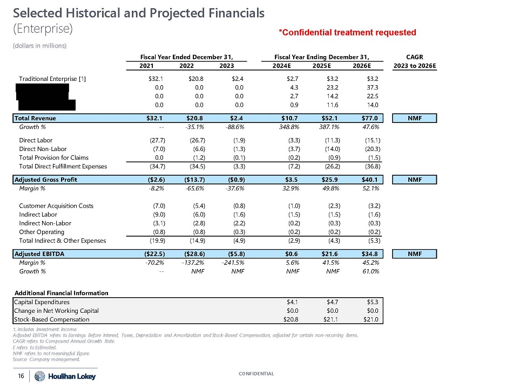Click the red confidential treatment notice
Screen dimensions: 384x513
347,33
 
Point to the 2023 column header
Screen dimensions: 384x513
227,66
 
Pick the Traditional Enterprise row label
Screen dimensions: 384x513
52,79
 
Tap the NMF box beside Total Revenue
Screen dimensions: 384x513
416,118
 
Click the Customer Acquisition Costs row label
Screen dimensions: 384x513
56,206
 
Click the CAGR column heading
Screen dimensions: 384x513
416,56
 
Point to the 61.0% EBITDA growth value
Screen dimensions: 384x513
370,271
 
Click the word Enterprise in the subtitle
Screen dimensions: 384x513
42,26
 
